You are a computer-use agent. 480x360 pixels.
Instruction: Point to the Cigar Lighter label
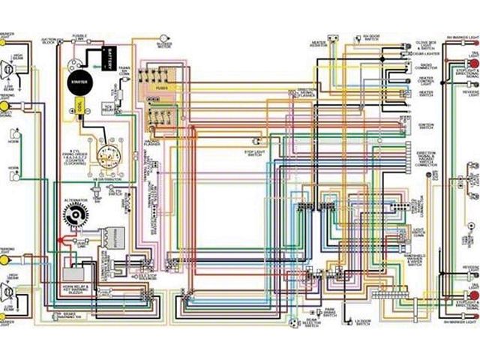point(425,53)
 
